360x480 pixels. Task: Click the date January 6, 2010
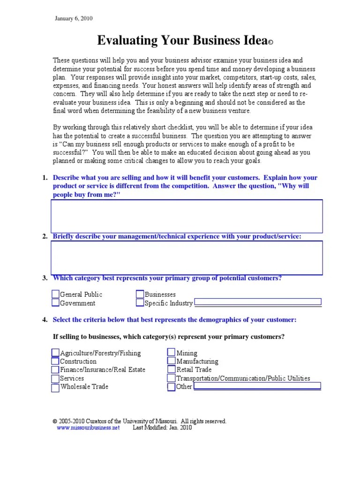click(74, 19)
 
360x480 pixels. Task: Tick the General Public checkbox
click(56, 294)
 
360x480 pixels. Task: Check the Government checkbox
click(56, 303)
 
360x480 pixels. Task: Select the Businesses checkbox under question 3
click(140, 294)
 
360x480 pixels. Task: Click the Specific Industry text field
click(258, 302)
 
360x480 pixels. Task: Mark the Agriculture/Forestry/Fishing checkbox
click(56, 353)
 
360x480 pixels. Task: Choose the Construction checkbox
click(56, 361)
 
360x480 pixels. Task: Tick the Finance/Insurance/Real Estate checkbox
click(56, 370)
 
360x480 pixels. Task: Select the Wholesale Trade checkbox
click(56, 387)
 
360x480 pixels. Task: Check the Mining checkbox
click(172, 353)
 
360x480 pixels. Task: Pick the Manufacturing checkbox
click(172, 361)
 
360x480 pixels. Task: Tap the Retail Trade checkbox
click(172, 370)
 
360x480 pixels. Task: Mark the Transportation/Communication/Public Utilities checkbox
click(172, 378)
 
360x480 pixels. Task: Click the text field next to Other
click(257, 386)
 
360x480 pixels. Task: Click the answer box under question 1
click(186, 216)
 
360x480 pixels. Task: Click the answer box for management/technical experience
click(186, 257)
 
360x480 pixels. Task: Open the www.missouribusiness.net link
click(88, 427)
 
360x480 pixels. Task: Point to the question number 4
click(45, 320)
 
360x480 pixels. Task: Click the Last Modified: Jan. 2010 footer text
click(162, 427)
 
